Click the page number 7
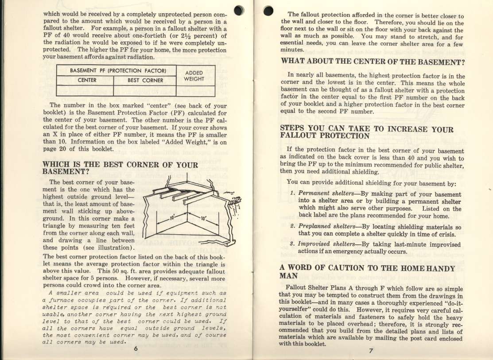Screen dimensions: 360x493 [371, 352]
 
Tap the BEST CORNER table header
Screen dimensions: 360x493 [145, 81]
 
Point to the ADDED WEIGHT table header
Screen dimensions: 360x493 [194, 76]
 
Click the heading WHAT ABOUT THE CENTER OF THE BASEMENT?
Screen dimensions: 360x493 [373, 61]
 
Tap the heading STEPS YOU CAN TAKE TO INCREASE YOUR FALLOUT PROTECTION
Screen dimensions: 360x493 [367, 132]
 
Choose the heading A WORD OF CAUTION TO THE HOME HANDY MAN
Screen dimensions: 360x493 [367, 271]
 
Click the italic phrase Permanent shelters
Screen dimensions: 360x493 [322, 194]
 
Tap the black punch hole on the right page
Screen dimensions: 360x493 [268, 12]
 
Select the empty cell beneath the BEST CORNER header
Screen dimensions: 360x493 [145, 91]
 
